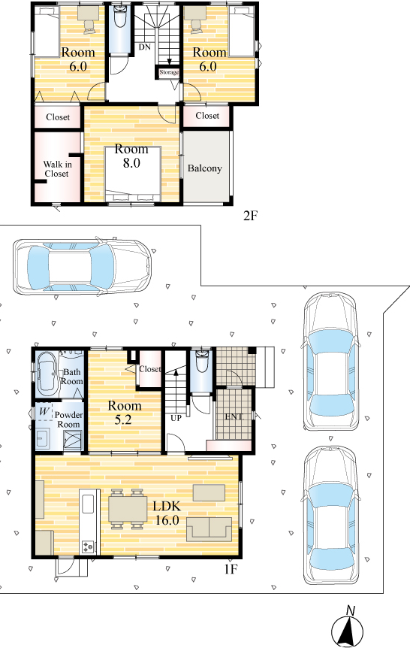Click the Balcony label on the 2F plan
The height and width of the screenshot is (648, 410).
click(205, 168)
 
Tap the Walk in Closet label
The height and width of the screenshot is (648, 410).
click(57, 169)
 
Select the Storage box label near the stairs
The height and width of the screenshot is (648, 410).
click(169, 72)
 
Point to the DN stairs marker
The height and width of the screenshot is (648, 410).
click(144, 47)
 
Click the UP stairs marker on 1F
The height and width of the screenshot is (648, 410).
click(176, 418)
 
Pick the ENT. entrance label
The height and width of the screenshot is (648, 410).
click(234, 416)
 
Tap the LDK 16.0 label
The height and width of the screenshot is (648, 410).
click(167, 513)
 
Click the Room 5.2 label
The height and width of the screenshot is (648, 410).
click(125, 413)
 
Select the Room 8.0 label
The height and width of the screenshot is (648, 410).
click(131, 156)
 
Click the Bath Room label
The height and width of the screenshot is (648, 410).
click(72, 377)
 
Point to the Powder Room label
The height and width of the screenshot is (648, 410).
click(68, 419)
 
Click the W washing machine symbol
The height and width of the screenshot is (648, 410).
click(44, 412)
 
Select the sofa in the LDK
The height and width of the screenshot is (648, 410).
click(210, 529)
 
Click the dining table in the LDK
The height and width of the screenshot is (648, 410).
click(128, 509)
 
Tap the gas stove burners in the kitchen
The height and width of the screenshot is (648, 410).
click(89, 547)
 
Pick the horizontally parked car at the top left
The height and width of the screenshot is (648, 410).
click(83, 267)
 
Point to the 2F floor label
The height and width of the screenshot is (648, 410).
click(250, 215)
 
